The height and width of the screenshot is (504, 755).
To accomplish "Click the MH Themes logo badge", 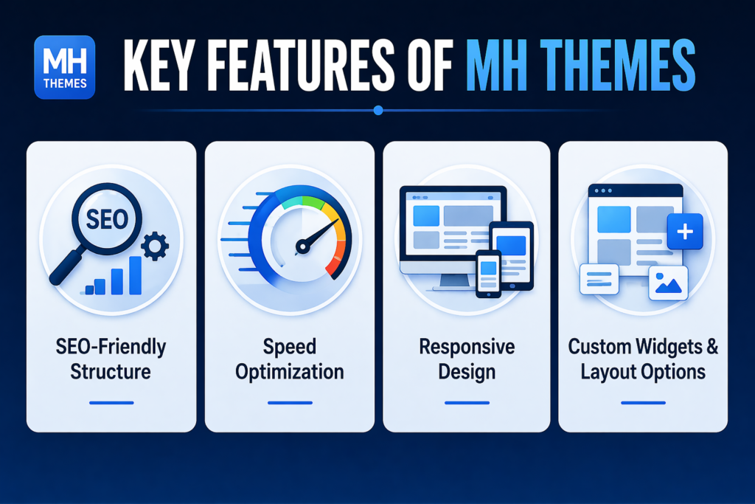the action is pyautogui.click(x=65, y=67).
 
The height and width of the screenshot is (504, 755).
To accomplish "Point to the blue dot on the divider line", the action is pyautogui.click(x=378, y=111).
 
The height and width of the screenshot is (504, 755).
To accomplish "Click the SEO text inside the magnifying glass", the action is pyautogui.click(x=107, y=219).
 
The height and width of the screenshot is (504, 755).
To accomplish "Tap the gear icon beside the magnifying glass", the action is pyautogui.click(x=155, y=246).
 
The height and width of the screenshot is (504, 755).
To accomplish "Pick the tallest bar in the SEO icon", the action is pyautogui.click(x=136, y=275).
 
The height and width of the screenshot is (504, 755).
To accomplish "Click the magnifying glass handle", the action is pyautogui.click(x=66, y=267).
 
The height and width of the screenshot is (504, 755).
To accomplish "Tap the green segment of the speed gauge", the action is pyautogui.click(x=313, y=203).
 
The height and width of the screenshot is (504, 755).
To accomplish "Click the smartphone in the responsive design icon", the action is pyautogui.click(x=488, y=274).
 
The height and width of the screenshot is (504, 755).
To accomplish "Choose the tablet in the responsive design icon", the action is pyautogui.click(x=512, y=256).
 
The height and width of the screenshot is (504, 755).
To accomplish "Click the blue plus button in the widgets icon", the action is pyautogui.click(x=685, y=232).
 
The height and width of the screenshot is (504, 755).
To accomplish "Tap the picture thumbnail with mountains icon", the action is pyautogui.click(x=668, y=283).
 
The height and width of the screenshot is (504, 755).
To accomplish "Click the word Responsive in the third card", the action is pyautogui.click(x=467, y=346).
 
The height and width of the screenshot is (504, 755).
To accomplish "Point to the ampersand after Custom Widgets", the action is pyautogui.click(x=712, y=346).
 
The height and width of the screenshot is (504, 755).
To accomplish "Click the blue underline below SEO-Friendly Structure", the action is pyautogui.click(x=111, y=402).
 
